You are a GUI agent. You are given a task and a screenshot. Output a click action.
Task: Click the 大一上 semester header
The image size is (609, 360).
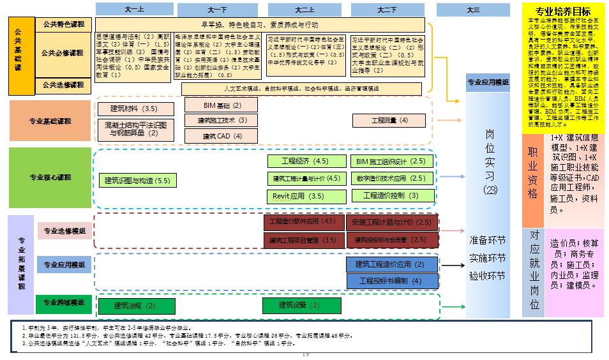pos(135,9)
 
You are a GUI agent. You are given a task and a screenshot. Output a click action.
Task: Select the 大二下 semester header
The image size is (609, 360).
pos(387,10)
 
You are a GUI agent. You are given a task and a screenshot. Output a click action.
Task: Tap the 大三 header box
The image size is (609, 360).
pos(473,10)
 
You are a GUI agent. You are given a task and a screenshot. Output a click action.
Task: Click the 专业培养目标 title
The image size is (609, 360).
pos(562,11)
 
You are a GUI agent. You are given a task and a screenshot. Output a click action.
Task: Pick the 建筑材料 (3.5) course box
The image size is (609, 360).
pos(133,109)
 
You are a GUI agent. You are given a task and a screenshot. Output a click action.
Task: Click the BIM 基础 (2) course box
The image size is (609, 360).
pos(222,105)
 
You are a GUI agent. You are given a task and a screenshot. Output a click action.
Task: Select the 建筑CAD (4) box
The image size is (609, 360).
pos(222,136)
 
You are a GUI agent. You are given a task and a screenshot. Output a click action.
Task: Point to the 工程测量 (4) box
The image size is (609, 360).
pos(389,120)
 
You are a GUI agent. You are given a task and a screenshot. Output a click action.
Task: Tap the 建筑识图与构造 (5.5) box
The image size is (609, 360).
pos(137,181)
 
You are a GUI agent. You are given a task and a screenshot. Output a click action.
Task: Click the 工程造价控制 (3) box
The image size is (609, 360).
pos(391,195)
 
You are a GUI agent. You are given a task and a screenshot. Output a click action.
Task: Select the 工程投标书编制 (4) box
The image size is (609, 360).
pos(392,281)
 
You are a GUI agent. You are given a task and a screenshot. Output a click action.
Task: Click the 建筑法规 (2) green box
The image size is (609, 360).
pos(136,306)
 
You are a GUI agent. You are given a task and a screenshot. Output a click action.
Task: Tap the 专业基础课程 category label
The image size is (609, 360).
pos(50,121)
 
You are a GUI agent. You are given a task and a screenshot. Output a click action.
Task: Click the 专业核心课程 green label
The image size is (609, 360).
pos(50,177)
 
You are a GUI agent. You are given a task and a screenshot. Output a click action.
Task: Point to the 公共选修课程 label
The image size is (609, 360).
pos(63,85)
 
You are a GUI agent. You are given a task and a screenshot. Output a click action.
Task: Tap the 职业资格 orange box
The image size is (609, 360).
pos(533,172)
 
